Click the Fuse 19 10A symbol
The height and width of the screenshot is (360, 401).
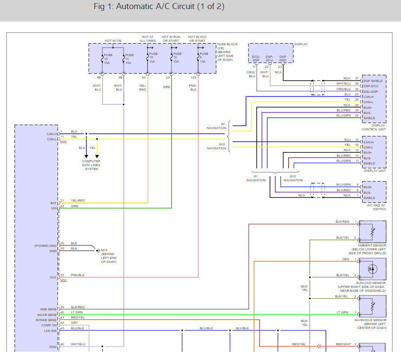tap(147, 57)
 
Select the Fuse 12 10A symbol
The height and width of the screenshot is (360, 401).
tap(172, 57)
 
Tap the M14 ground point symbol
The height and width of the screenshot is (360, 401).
tap(98, 251)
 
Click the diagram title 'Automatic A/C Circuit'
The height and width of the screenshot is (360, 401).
tap(155, 6)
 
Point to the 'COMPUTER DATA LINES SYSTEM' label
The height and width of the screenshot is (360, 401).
tap(91, 165)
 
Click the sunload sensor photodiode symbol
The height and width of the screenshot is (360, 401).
tap(372, 269)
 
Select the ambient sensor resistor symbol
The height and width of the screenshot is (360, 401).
tap(372, 232)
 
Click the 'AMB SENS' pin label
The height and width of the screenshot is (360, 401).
tap(48, 309)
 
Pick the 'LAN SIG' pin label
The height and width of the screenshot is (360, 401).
tap(50, 331)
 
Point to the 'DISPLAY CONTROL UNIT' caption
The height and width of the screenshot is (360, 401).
tap(374, 127)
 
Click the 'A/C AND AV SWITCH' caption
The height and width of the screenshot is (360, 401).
tap(376, 207)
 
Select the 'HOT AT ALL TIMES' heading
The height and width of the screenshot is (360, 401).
tap(147, 39)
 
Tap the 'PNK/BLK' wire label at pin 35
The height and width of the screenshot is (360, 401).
tap(78, 275)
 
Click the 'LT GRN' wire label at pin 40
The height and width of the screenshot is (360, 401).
tap(77, 312)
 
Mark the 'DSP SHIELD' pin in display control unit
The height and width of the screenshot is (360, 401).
tap(373, 81)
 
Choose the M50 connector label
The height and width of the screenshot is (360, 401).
tap(64, 281)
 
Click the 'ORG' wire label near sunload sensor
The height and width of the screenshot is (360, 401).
tap(346, 259)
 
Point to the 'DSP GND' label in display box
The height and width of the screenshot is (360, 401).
tap(283, 59)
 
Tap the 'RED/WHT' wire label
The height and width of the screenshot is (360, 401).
tap(344, 344)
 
